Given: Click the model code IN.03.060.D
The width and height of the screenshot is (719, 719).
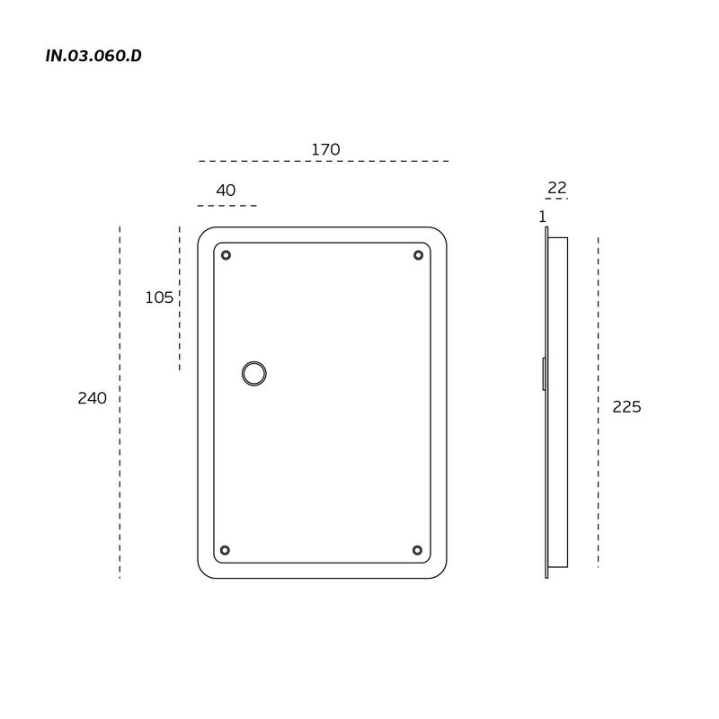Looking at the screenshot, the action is point(93,56).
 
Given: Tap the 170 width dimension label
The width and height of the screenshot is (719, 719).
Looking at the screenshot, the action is point(325,149).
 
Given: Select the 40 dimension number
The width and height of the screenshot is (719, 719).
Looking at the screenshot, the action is point(226,191).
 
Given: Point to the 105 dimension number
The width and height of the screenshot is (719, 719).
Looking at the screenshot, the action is point(159,297).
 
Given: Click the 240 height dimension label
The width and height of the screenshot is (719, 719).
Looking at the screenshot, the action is point(93,398).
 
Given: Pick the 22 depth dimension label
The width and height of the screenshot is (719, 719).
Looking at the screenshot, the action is point(557,188).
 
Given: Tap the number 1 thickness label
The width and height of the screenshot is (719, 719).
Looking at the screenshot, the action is point(543,217).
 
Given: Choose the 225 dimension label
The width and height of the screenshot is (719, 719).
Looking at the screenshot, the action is point(626,407).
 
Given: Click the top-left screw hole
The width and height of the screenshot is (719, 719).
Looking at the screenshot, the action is point(226,255).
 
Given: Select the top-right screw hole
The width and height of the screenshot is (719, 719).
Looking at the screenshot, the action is point(418,255).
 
